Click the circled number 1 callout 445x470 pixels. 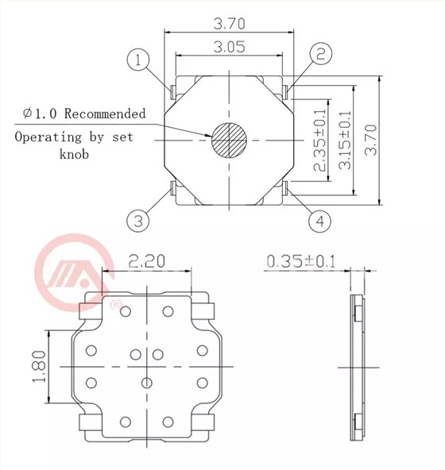point(138,60)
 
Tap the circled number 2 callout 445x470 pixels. point(321,54)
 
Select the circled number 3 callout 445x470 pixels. point(138,221)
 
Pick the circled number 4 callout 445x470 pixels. point(320,222)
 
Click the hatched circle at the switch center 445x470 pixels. point(229,140)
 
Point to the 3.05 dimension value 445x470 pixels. point(229,47)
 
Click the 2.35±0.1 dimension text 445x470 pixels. point(319,141)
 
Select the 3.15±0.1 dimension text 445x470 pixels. point(345,141)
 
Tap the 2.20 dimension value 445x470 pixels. point(147,260)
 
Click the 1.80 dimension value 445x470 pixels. point(39,367)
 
